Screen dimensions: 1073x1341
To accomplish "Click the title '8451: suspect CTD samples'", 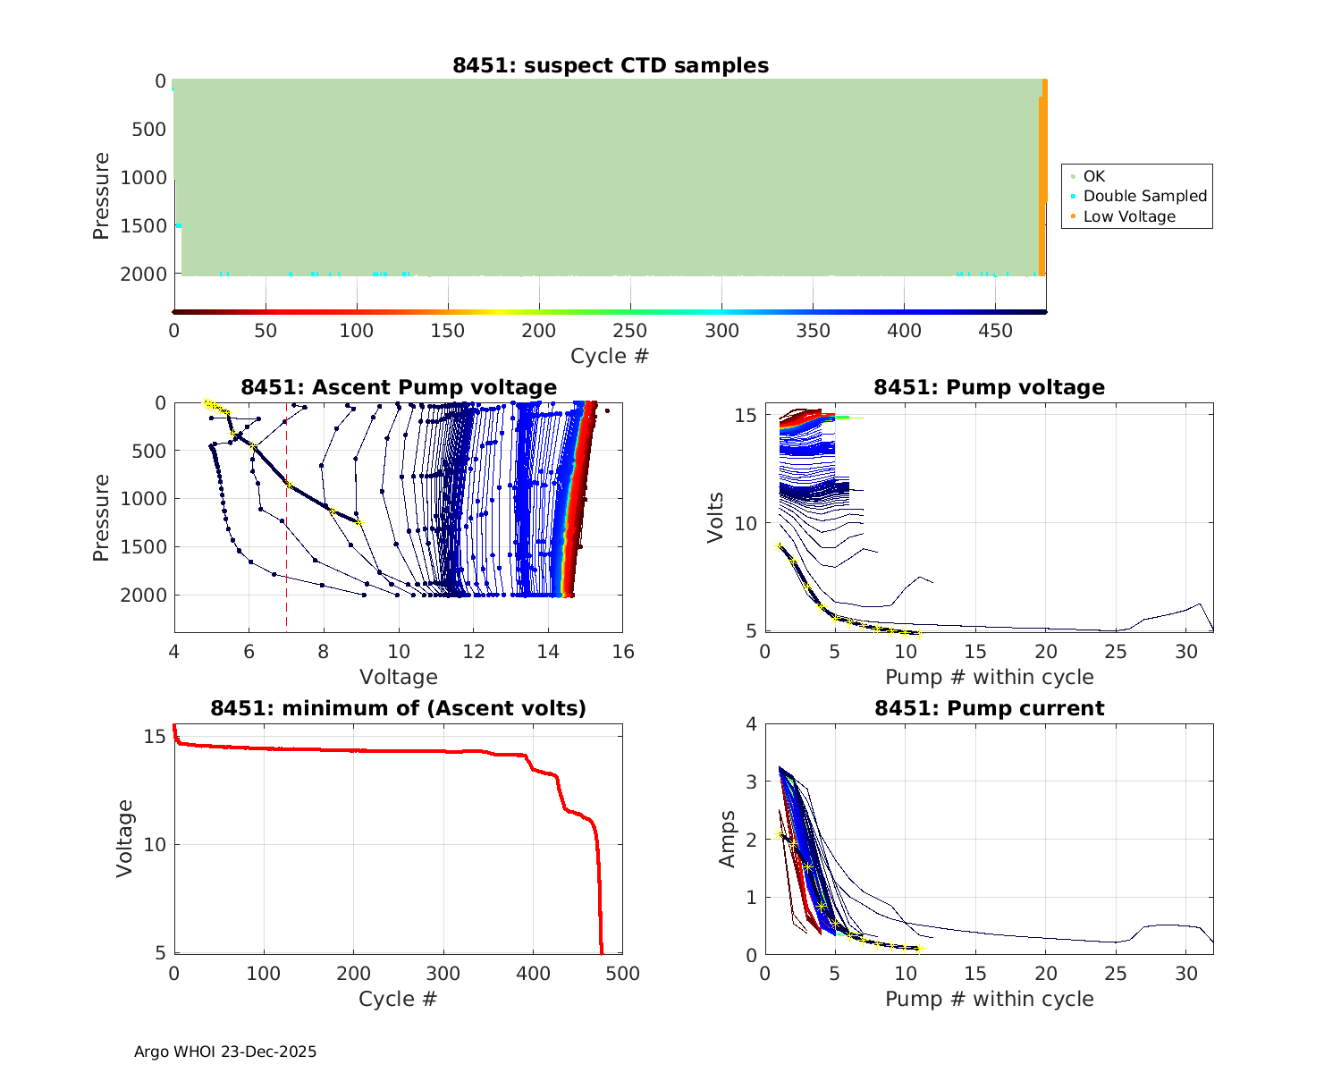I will coord(611,65).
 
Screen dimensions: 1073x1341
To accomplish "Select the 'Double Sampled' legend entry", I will coord(1144,196).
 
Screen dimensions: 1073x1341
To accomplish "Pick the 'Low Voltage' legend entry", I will coord(1129,216).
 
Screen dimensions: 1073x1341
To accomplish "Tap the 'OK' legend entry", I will coord(1094,176).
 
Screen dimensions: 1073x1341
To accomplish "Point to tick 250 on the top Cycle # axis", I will coord(630,331).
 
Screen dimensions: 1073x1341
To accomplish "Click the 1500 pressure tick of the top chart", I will coord(143,226).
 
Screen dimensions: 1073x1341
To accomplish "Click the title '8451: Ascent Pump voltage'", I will coord(399,387).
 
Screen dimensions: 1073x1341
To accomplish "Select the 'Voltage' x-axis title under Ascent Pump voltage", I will coord(399,677).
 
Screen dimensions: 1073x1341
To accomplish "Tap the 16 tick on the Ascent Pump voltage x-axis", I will coord(623,652).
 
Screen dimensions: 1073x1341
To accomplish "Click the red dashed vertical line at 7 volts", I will coord(286,536).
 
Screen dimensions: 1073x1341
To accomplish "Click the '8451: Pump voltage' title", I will coord(989,387).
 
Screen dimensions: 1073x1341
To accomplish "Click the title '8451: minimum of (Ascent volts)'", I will coord(399,708).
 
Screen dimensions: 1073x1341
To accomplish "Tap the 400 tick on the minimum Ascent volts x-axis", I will coord(533,973).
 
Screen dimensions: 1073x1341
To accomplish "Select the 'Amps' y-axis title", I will coord(728,839).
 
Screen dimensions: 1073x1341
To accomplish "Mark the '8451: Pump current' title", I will coord(989,708).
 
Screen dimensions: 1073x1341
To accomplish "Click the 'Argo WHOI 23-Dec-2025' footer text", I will coord(225,1052).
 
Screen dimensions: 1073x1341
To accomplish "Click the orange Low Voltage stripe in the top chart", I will coord(1042,179).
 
